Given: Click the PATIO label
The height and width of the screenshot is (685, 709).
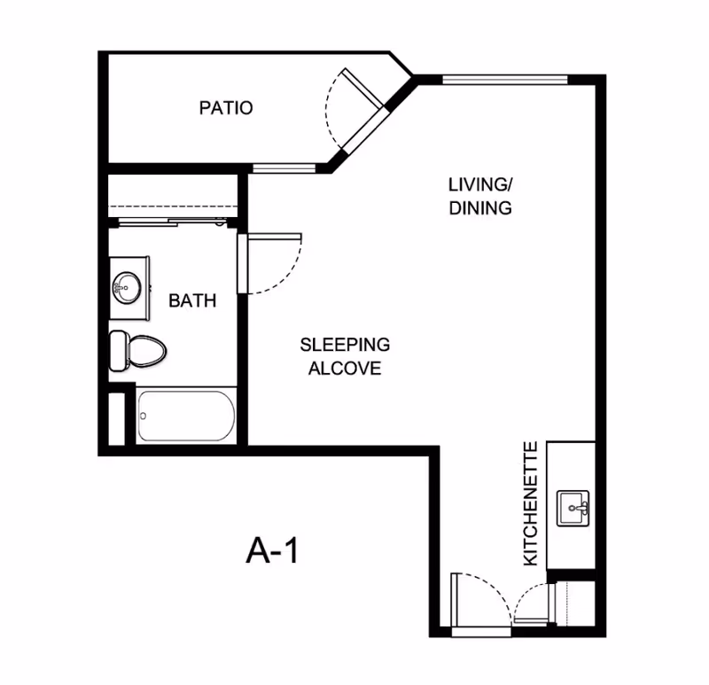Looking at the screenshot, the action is (226, 107).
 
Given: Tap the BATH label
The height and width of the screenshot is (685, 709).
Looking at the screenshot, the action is (192, 300).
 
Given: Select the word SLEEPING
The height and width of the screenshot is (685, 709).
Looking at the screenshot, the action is (345, 345).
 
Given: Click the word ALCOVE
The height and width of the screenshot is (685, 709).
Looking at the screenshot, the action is (345, 368).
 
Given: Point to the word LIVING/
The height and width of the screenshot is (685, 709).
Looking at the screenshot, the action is (480, 184).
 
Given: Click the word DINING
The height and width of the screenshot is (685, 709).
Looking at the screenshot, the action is (480, 208).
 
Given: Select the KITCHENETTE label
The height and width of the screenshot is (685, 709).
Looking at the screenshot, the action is (530, 503).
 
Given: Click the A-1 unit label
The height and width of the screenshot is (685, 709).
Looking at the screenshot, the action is (272, 550).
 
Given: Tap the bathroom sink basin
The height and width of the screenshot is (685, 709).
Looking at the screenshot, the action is (127, 288).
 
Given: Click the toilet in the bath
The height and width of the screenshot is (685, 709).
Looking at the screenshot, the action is (138, 351).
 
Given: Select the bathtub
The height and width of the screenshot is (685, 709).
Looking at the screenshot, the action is (186, 416).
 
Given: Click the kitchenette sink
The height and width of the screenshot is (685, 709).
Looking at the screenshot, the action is (573, 508).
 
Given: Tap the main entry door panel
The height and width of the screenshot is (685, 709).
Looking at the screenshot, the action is (456, 600).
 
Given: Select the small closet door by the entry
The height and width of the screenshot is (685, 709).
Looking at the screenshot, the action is (531, 621).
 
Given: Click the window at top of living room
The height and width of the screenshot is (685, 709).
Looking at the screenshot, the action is (504, 80).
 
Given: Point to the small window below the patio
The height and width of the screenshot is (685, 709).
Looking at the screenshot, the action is (284, 168).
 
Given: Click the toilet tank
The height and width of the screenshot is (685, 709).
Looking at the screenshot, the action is (118, 351).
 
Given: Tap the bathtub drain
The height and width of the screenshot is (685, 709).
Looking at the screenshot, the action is (144, 416).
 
